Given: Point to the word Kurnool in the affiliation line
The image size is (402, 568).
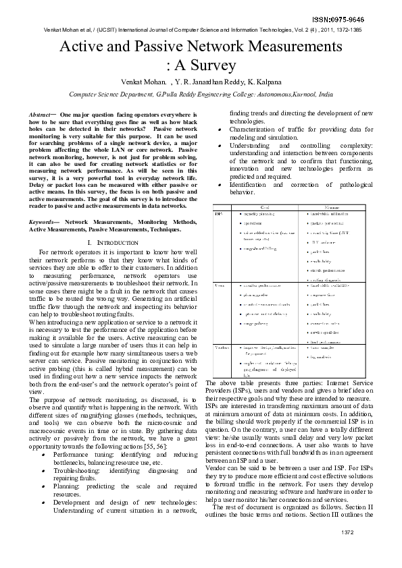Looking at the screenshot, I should (301, 95).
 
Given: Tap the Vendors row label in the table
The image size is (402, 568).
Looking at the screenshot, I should (221, 347).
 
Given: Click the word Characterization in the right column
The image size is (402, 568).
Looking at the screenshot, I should (256, 129).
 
